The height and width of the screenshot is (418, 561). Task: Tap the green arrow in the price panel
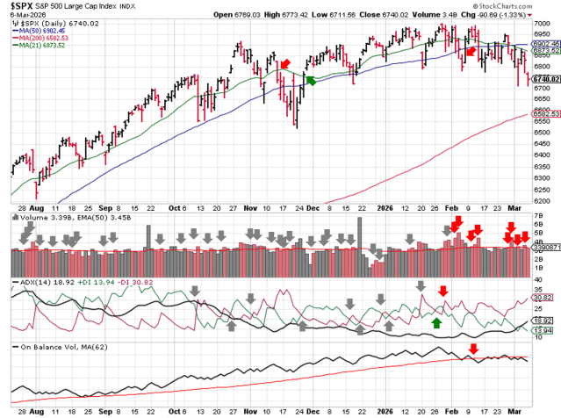coord(308,81)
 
